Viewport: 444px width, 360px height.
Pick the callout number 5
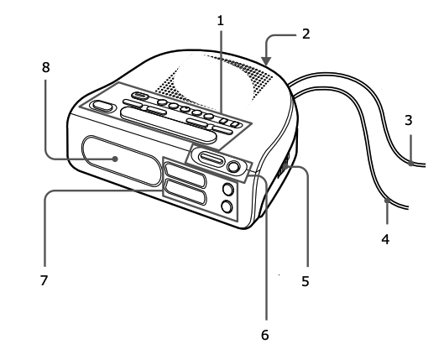(306, 282)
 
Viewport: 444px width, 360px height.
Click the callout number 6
(265, 334)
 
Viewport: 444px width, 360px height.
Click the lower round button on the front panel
(226, 206)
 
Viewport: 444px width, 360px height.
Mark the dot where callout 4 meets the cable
(386, 201)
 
